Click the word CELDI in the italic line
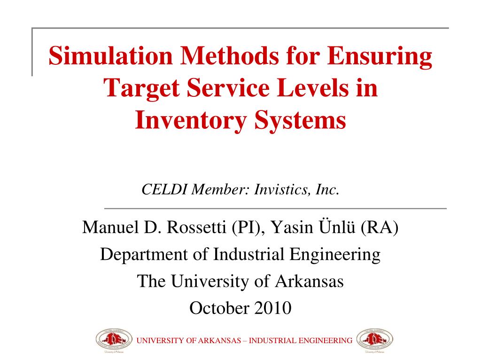pos(164,189)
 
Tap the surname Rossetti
pos(197,227)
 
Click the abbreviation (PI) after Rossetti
pos(248,228)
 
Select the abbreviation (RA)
pos(380,228)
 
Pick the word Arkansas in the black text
pos(309,281)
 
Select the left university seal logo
pos(114,340)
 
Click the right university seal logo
pos(374,340)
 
